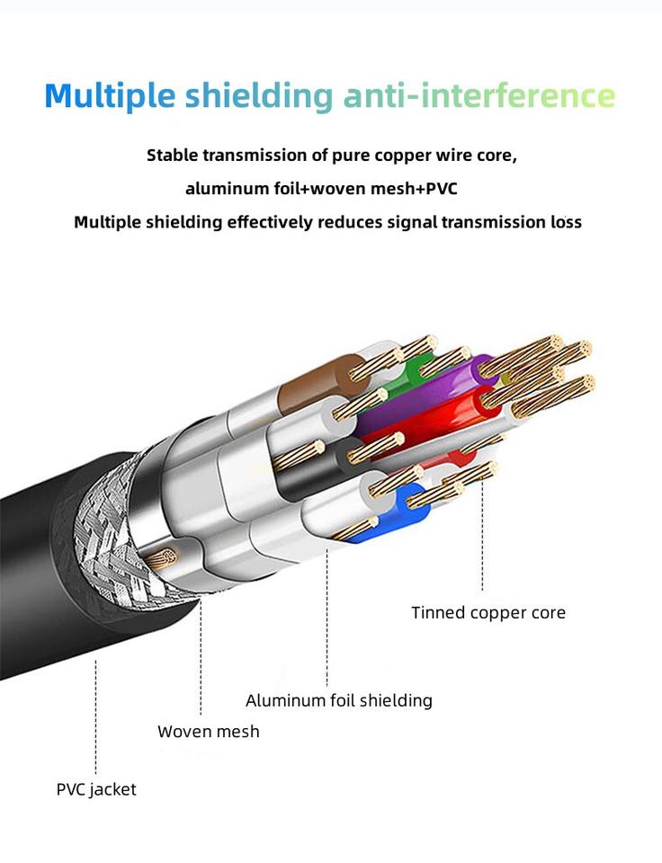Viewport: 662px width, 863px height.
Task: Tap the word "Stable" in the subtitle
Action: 173,155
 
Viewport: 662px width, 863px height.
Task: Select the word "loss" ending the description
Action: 565,222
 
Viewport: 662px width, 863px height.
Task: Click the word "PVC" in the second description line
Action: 444,189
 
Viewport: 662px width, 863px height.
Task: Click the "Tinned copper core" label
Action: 488,613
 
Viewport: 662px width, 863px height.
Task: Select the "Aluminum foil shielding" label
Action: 339,700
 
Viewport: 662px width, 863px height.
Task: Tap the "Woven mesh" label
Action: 209,732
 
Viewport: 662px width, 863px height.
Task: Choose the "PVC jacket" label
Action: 96,790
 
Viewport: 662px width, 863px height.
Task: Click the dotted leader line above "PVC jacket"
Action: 95,719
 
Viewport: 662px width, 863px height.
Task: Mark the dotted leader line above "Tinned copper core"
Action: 483,539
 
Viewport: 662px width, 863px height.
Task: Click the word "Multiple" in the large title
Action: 109,95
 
